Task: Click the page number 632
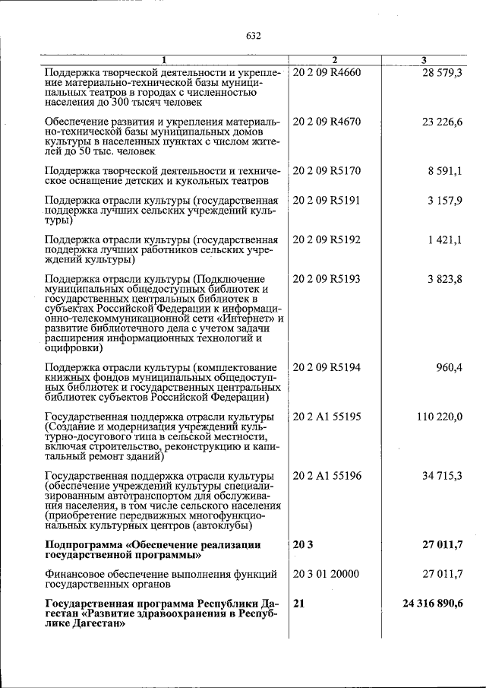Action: [254, 36]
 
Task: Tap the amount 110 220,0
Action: [440, 417]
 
